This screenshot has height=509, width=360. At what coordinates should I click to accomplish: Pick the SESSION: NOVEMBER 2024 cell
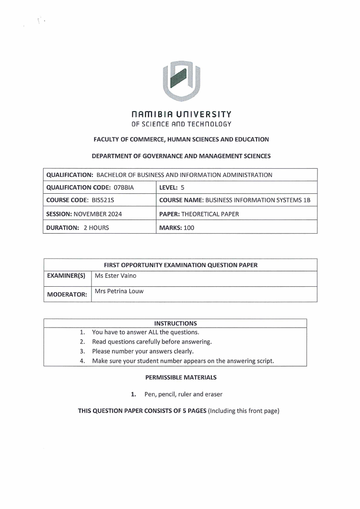pos(84,214)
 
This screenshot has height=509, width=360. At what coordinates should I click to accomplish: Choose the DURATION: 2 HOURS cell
pos(78,228)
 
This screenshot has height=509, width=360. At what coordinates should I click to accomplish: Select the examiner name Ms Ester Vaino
pos(115,275)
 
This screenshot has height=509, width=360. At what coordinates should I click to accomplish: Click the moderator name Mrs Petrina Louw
pos(119,291)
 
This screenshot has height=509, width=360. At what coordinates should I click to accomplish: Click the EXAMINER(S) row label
pos(66,275)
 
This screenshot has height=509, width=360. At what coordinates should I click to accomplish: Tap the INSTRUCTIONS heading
pos(175,323)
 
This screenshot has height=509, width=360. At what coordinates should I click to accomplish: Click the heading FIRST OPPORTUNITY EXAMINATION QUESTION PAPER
pos(180,265)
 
